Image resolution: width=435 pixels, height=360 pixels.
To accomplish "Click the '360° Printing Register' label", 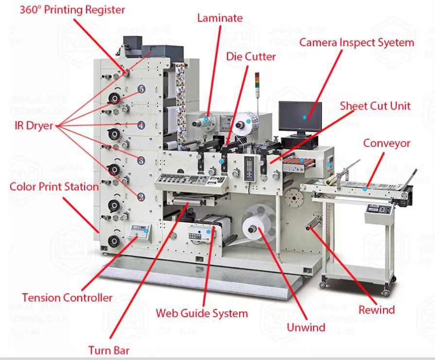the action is tap(72, 10).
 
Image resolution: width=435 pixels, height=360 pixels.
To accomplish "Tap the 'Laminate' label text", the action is tap(220, 18).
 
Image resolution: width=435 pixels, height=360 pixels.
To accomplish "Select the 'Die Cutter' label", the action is tap(251, 56).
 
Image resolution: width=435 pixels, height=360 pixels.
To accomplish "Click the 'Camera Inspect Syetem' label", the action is tap(356, 42).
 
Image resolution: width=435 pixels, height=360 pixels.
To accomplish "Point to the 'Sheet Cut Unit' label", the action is tap(375, 106).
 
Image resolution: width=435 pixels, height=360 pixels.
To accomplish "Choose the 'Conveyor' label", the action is tap(387, 143).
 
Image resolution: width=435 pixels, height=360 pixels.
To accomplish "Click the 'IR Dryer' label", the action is tap(33, 126).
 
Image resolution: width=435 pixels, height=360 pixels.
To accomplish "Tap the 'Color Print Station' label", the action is tap(54, 186).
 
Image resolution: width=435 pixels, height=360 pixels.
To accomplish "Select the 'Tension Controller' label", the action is tap(67, 297).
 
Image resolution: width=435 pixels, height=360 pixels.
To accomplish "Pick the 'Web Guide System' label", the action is tap(202, 313).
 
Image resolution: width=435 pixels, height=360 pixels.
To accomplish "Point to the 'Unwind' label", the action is tap(306, 327).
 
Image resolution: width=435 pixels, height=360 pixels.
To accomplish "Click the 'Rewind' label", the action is tap(377, 309).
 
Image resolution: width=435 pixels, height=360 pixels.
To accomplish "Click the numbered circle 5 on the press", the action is tap(141, 89).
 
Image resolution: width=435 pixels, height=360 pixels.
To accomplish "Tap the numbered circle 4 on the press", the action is tap(141, 125).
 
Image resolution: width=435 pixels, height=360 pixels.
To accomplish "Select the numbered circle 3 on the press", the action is tap(141, 161).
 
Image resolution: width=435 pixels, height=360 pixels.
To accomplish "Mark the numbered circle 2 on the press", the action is tap(141, 197).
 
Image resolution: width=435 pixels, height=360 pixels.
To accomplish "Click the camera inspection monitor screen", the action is tap(300, 117).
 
